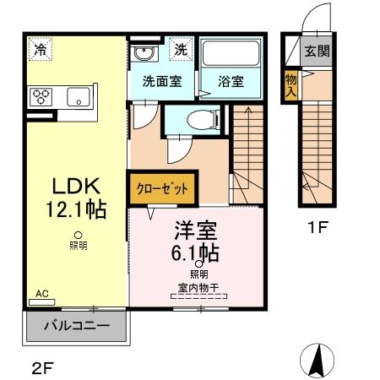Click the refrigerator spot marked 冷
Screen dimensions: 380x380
coord(41,49)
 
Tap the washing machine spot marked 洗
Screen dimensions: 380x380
coord(181,49)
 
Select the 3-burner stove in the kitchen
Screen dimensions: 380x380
coord(41,97)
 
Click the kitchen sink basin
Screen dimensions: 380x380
coord(79,96)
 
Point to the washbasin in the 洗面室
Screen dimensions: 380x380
coord(144,52)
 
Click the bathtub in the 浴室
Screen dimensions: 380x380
coord(231,53)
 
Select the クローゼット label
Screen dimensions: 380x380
coord(162,188)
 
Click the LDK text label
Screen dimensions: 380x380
coord(76,186)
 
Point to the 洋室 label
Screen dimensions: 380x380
coord(196,230)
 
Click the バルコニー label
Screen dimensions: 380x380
coord(77,326)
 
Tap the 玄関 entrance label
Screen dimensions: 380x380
coord(317,52)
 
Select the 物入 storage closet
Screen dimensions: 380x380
coord(291,85)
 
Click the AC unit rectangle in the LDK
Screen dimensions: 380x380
coord(42,302)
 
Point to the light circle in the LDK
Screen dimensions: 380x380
coord(78,235)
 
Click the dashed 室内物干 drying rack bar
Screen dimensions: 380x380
coord(199,296)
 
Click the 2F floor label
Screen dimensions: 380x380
coord(43,368)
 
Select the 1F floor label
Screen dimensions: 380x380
coord(318,227)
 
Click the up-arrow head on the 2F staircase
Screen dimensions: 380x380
coord(248,110)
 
